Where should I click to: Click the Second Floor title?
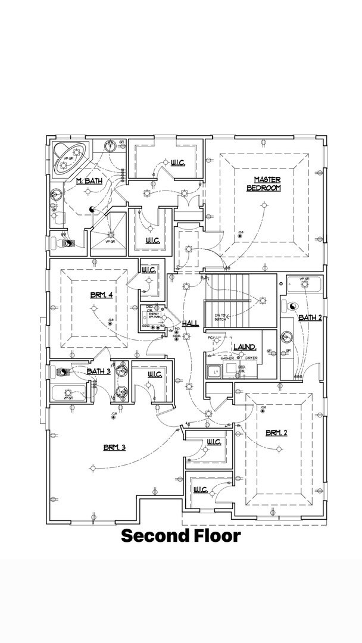coord(181,536)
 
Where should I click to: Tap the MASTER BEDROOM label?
coord(263,184)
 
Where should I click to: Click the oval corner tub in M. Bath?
coord(67,157)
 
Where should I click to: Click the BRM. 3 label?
coord(114,447)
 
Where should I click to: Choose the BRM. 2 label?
coord(277,433)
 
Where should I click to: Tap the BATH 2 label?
coord(310,317)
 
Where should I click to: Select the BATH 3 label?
coord(98,372)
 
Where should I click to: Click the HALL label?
coord(191,323)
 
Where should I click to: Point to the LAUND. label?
coord(245,347)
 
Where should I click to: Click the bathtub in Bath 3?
coord(70,394)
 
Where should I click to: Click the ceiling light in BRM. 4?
coord(93,308)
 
